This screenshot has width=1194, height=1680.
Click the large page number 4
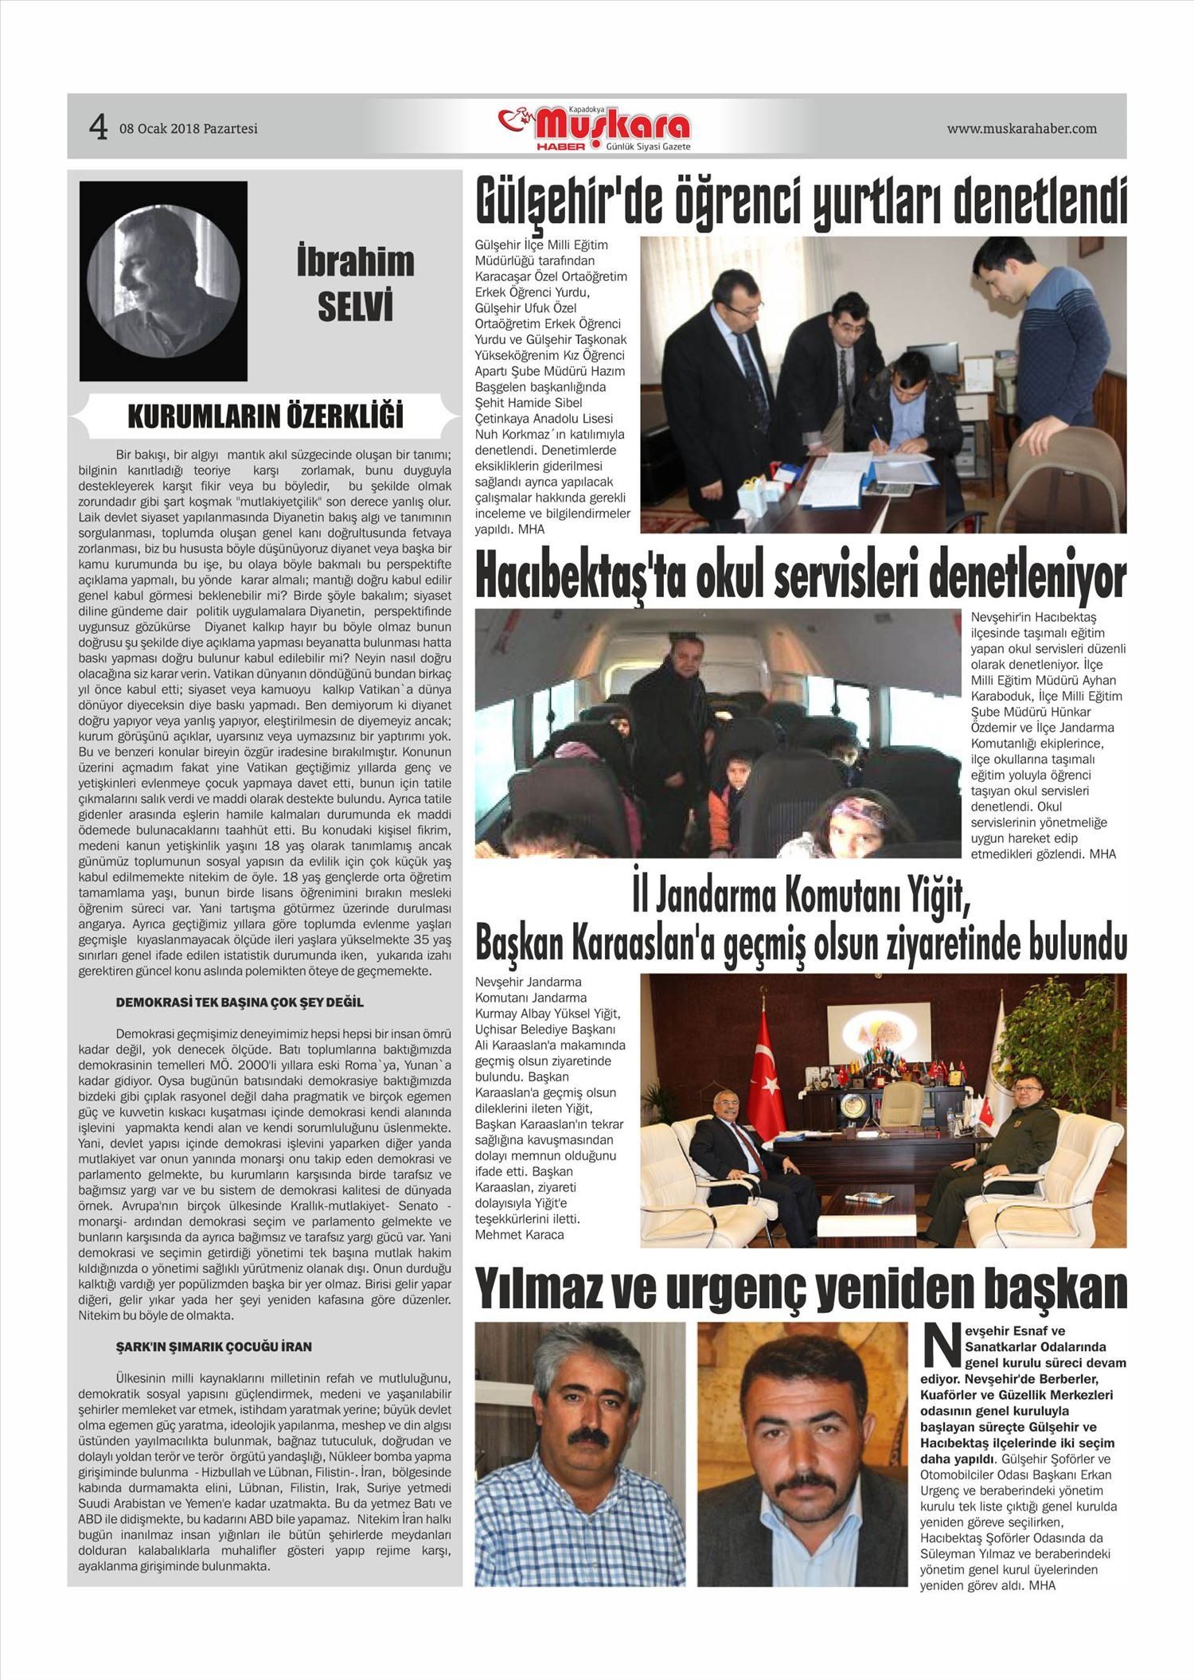coord(98,127)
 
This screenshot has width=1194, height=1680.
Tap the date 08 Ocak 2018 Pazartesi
coord(189,128)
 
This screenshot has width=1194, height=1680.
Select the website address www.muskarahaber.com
coord(1021,128)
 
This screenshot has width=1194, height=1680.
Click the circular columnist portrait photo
coord(163,280)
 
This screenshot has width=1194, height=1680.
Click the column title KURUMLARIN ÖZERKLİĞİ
coord(265,416)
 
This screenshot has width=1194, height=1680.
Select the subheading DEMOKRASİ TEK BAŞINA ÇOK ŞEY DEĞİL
coord(240,1002)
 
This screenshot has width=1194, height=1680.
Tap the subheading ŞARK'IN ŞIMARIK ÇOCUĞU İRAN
coord(214,1346)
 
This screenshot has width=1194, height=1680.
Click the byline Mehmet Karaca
coord(519,1234)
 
